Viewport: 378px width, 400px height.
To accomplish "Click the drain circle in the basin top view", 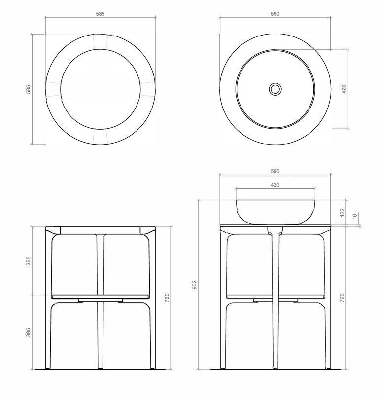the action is tap(275, 89).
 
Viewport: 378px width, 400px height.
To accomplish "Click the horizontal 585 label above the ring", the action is tap(100, 14).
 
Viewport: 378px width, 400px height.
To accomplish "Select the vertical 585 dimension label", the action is tap(28, 89).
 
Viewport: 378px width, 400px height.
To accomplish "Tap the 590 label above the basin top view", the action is tap(275, 14).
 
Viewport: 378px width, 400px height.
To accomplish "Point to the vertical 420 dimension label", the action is tap(344, 89).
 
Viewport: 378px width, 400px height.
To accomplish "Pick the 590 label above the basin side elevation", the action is tap(275, 171).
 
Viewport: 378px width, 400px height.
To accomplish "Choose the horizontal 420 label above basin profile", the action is tap(275, 185).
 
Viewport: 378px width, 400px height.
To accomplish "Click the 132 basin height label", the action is tap(342, 213).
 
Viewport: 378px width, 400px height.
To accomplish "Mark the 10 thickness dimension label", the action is tap(355, 217).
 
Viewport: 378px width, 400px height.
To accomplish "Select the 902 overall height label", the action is tap(195, 285).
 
